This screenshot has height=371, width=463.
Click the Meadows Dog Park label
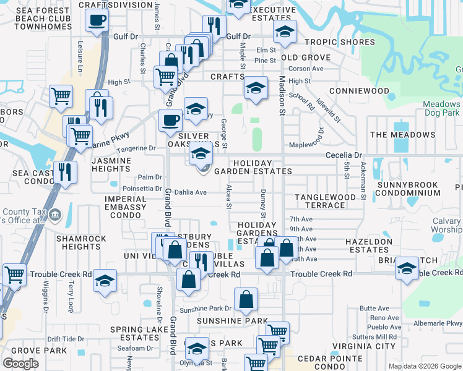442,108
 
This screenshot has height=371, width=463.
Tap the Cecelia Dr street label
340,155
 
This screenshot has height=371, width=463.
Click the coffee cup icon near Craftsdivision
97,20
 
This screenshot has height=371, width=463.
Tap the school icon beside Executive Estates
285,32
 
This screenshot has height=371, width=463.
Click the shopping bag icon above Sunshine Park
246,299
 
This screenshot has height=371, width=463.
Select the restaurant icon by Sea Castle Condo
65,171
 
